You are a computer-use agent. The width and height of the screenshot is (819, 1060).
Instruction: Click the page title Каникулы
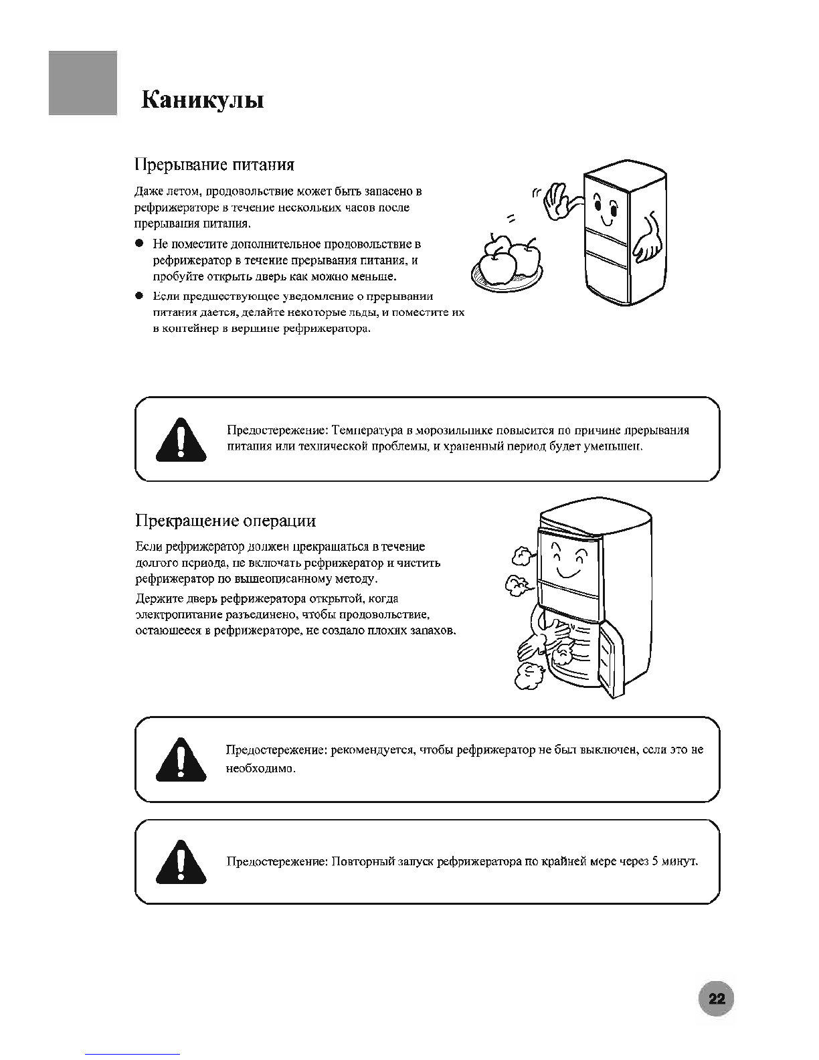(x=203, y=100)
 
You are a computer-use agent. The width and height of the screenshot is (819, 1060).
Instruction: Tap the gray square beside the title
(x=83, y=83)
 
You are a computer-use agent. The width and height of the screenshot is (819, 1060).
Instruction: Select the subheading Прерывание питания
(x=214, y=165)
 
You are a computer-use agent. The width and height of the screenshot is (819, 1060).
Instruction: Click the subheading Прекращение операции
(x=225, y=521)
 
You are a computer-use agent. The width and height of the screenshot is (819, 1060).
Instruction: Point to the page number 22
(x=716, y=1000)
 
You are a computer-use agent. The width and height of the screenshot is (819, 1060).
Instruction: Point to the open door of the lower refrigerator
(x=612, y=659)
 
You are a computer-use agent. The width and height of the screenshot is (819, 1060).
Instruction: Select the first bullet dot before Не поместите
(x=140, y=244)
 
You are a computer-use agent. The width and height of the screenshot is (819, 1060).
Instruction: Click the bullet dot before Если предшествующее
(x=140, y=296)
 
